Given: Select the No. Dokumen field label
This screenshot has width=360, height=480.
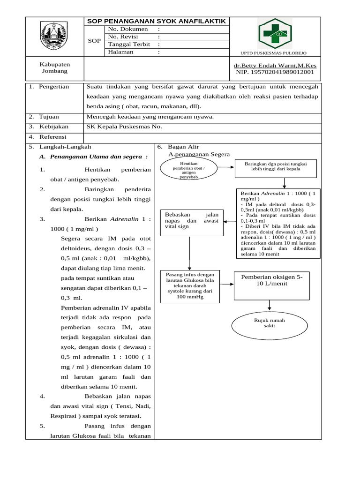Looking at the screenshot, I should (125, 30).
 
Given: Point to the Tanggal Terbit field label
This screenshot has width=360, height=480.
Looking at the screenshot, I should (128, 45).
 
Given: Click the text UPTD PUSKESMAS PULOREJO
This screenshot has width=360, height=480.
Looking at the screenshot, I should (273, 53).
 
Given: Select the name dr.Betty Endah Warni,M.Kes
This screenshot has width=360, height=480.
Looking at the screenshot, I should (274, 66).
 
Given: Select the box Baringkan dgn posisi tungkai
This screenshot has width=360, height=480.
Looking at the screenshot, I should (276, 166).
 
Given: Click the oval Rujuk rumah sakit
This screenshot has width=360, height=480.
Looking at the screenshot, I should (270, 323).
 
